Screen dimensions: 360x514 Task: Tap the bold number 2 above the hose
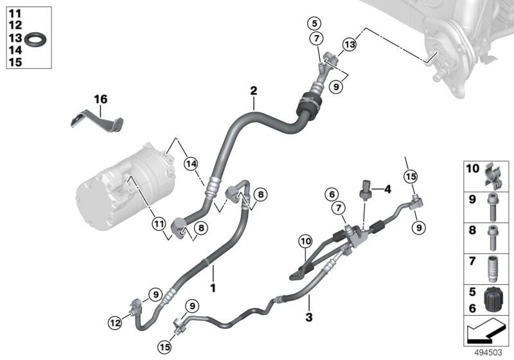[x=254, y=91]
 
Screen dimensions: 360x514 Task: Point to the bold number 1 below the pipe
[x=213, y=283]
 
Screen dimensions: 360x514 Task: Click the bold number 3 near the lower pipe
[x=308, y=317]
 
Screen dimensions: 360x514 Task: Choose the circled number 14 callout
[x=190, y=165]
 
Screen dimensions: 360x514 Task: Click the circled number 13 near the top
[x=349, y=44]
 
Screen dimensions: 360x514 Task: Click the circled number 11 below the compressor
[x=157, y=223]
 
